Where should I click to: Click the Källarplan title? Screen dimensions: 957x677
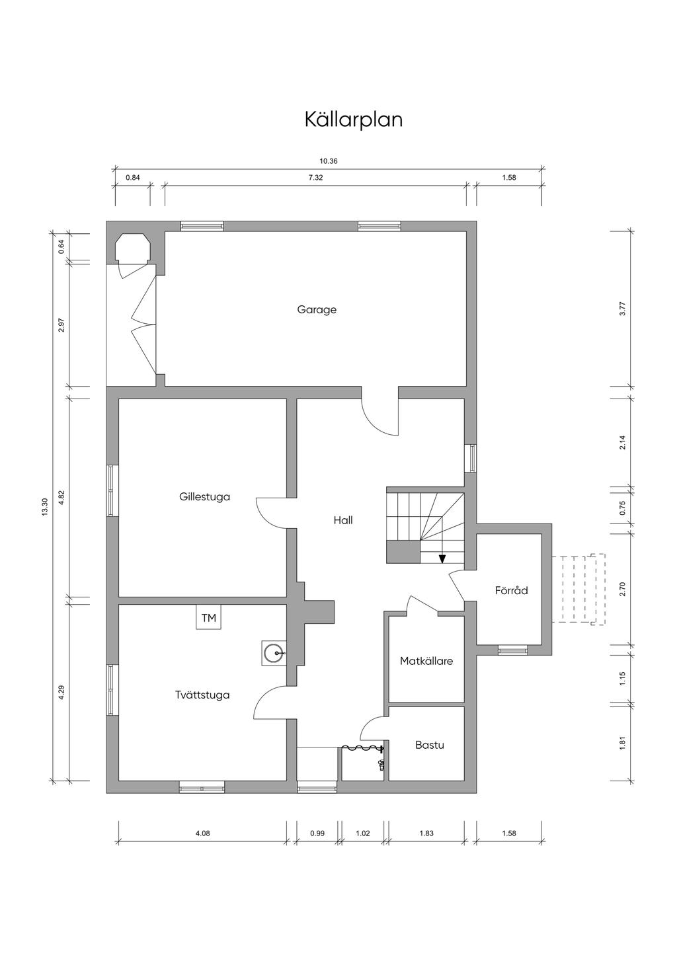[354, 120]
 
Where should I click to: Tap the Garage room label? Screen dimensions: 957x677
[317, 309]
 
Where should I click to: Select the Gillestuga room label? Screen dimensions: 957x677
[204, 496]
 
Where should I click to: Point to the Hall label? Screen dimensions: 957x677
[343, 520]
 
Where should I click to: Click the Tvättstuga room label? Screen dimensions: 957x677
[202, 695]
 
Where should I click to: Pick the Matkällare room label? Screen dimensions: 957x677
[426, 660]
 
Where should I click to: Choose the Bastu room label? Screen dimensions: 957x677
[429, 745]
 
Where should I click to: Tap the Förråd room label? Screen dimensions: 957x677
[511, 590]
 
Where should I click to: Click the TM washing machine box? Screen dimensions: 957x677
[208, 618]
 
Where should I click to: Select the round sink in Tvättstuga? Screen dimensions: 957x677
[273, 654]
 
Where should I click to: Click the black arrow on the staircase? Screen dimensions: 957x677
[442, 558]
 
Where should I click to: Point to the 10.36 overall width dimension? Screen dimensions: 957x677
[329, 161]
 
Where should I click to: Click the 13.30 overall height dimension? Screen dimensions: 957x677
[45, 506]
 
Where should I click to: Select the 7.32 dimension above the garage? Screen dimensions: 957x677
[315, 177]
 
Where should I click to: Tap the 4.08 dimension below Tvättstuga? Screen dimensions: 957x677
[202, 833]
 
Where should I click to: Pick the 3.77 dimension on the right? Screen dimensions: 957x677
[622, 309]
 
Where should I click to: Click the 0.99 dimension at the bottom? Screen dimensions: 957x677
[317, 833]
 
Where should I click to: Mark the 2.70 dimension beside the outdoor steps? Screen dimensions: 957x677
[622, 589]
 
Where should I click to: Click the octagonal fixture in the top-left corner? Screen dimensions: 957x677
[134, 249]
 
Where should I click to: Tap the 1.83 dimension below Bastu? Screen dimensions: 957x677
[426, 833]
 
